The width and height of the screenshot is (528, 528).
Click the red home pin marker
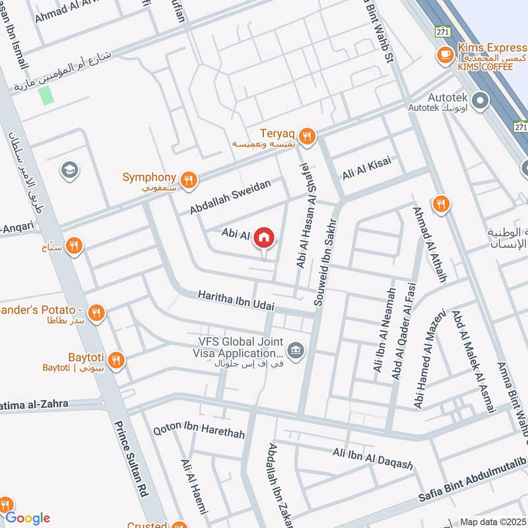[264, 237]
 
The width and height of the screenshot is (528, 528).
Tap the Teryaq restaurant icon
[306, 136]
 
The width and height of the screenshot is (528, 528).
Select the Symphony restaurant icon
[189, 178]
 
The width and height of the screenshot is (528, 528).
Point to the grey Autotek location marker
[480, 101]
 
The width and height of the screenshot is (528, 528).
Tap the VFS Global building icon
[296, 349]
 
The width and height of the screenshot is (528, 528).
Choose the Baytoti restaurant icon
[117, 360]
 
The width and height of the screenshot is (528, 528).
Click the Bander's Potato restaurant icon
[97, 312]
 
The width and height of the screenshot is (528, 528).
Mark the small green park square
[46, 95]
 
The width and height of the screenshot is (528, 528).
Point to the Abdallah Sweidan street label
[230, 197]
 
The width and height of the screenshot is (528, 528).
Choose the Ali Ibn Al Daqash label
[373, 459]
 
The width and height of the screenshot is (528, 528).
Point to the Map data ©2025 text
[493, 521]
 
